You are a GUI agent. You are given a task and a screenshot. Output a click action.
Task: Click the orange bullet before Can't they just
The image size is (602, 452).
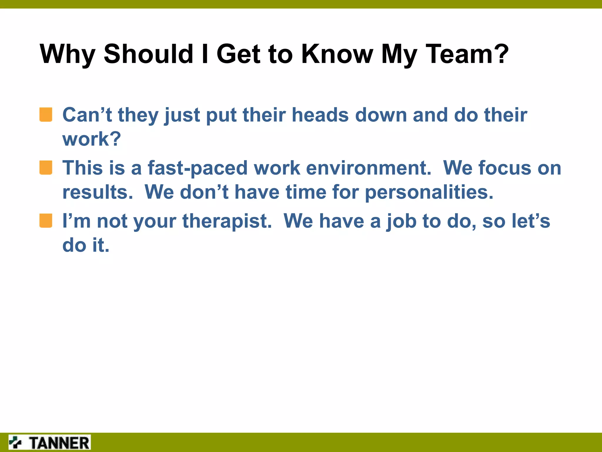pyautogui.click(x=46, y=115)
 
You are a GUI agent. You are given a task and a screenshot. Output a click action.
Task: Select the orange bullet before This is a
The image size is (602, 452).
pyautogui.click(x=46, y=168)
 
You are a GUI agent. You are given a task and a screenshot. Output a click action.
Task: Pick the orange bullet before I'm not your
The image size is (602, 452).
pyautogui.click(x=46, y=221)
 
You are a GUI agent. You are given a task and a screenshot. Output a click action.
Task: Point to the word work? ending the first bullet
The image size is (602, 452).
pyautogui.click(x=91, y=139)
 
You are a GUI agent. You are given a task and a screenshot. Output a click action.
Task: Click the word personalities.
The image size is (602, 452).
pyautogui.click(x=429, y=192)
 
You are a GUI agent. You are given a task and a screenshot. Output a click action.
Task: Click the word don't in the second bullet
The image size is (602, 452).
pyautogui.click(x=204, y=192)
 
